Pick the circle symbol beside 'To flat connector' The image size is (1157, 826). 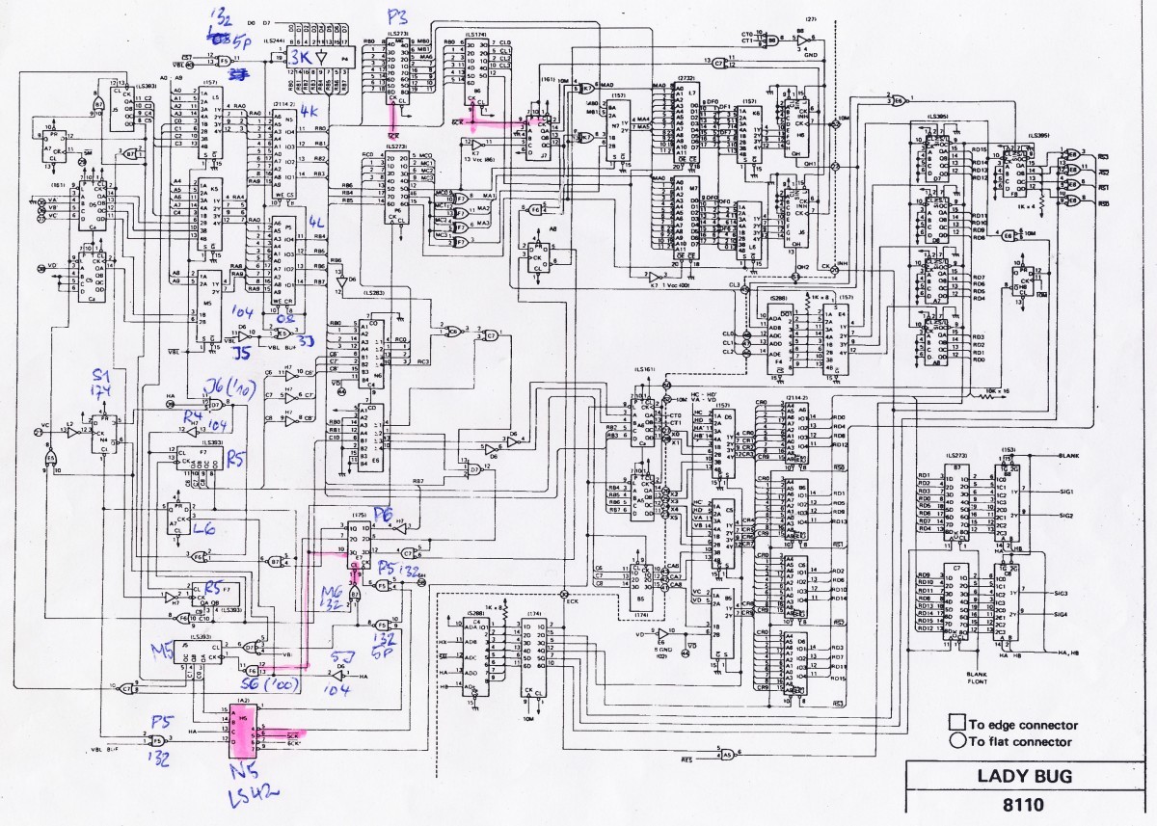[x=957, y=741]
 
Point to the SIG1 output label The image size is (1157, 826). [x=1064, y=492]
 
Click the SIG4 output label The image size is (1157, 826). [x=1063, y=613]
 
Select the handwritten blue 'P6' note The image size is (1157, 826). [x=382, y=512]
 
